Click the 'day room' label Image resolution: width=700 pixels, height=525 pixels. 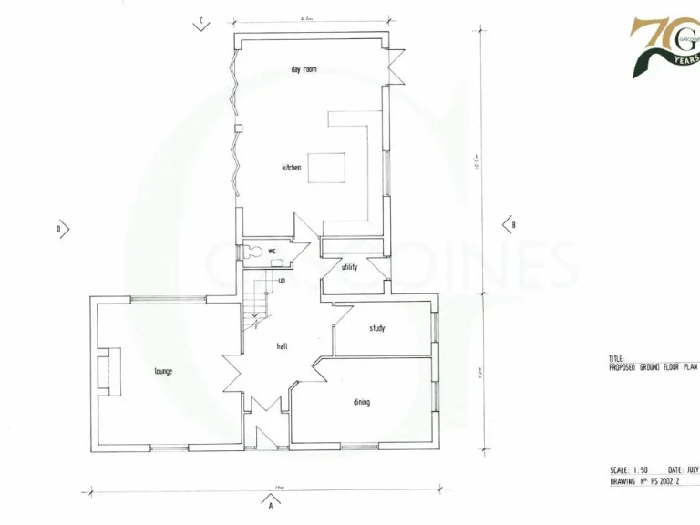click(304, 69)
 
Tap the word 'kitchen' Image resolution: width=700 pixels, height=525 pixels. click(291, 168)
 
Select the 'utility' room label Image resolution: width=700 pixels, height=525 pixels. click(349, 267)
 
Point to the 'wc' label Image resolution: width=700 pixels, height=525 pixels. click(271, 250)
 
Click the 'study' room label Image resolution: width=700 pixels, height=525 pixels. click(376, 328)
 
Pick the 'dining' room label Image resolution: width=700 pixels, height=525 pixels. click(361, 402)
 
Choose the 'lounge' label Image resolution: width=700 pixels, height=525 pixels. click(163, 371)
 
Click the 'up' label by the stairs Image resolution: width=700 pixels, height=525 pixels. click(282, 280)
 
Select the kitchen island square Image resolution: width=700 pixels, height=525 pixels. click(326, 170)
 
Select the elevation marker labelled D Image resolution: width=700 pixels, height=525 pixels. click(62, 229)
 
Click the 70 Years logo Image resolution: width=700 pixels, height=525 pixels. click(665, 46)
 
